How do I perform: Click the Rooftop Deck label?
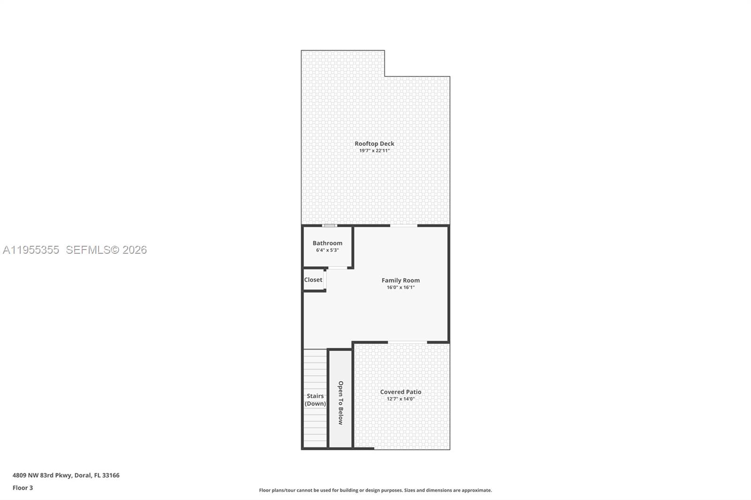pos(375,144)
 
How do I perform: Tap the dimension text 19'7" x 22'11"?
pos(375,151)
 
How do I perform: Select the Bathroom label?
pos(328,243)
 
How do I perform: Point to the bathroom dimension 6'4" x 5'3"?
pos(328,250)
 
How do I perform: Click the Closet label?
pos(313,280)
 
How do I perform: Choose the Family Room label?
pos(401,280)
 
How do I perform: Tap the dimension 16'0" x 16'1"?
pos(401,288)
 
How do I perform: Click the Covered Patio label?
pos(401,392)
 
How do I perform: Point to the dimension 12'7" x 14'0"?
pos(401,399)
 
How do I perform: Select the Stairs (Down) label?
pos(315,400)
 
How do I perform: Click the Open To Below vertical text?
pos(341,403)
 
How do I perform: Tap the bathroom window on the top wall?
pos(330,226)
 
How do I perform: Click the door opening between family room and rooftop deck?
pos(404,226)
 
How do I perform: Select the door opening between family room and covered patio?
pos(407,342)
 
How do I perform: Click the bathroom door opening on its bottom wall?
pos(337,268)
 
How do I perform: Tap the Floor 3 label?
pos(23,488)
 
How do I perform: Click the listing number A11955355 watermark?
pos(31,250)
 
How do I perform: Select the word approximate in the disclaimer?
pos(476,490)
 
